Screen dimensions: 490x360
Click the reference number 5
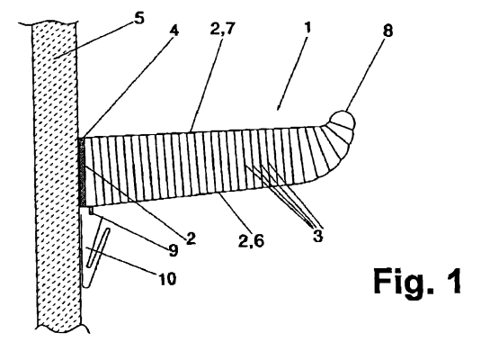[x=139, y=18]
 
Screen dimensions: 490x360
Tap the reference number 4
[x=174, y=31]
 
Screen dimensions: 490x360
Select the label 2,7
[x=222, y=30]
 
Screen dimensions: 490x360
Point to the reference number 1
[x=307, y=28]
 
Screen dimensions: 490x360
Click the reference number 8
[x=388, y=31]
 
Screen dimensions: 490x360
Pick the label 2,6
[x=251, y=241]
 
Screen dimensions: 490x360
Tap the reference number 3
[x=317, y=236]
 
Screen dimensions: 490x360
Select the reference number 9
[x=174, y=250]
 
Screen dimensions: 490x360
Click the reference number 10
[x=168, y=278]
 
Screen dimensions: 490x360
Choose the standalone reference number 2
[x=191, y=238]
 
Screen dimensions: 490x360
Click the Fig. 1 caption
[x=417, y=281]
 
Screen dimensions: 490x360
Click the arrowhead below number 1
[x=278, y=107]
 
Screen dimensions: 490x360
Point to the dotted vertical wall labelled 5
[x=57, y=176]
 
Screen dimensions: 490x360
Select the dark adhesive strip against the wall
[x=82, y=172]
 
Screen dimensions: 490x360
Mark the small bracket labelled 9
[x=91, y=210]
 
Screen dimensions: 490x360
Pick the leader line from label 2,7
[x=207, y=85]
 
